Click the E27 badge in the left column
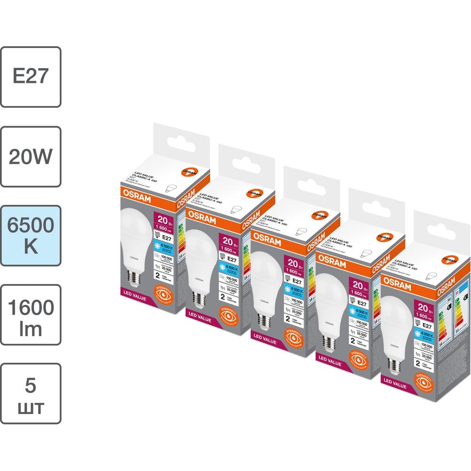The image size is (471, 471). click(x=31, y=77)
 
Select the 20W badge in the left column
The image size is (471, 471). click(x=31, y=156)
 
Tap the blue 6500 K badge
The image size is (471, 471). click(x=31, y=235)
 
